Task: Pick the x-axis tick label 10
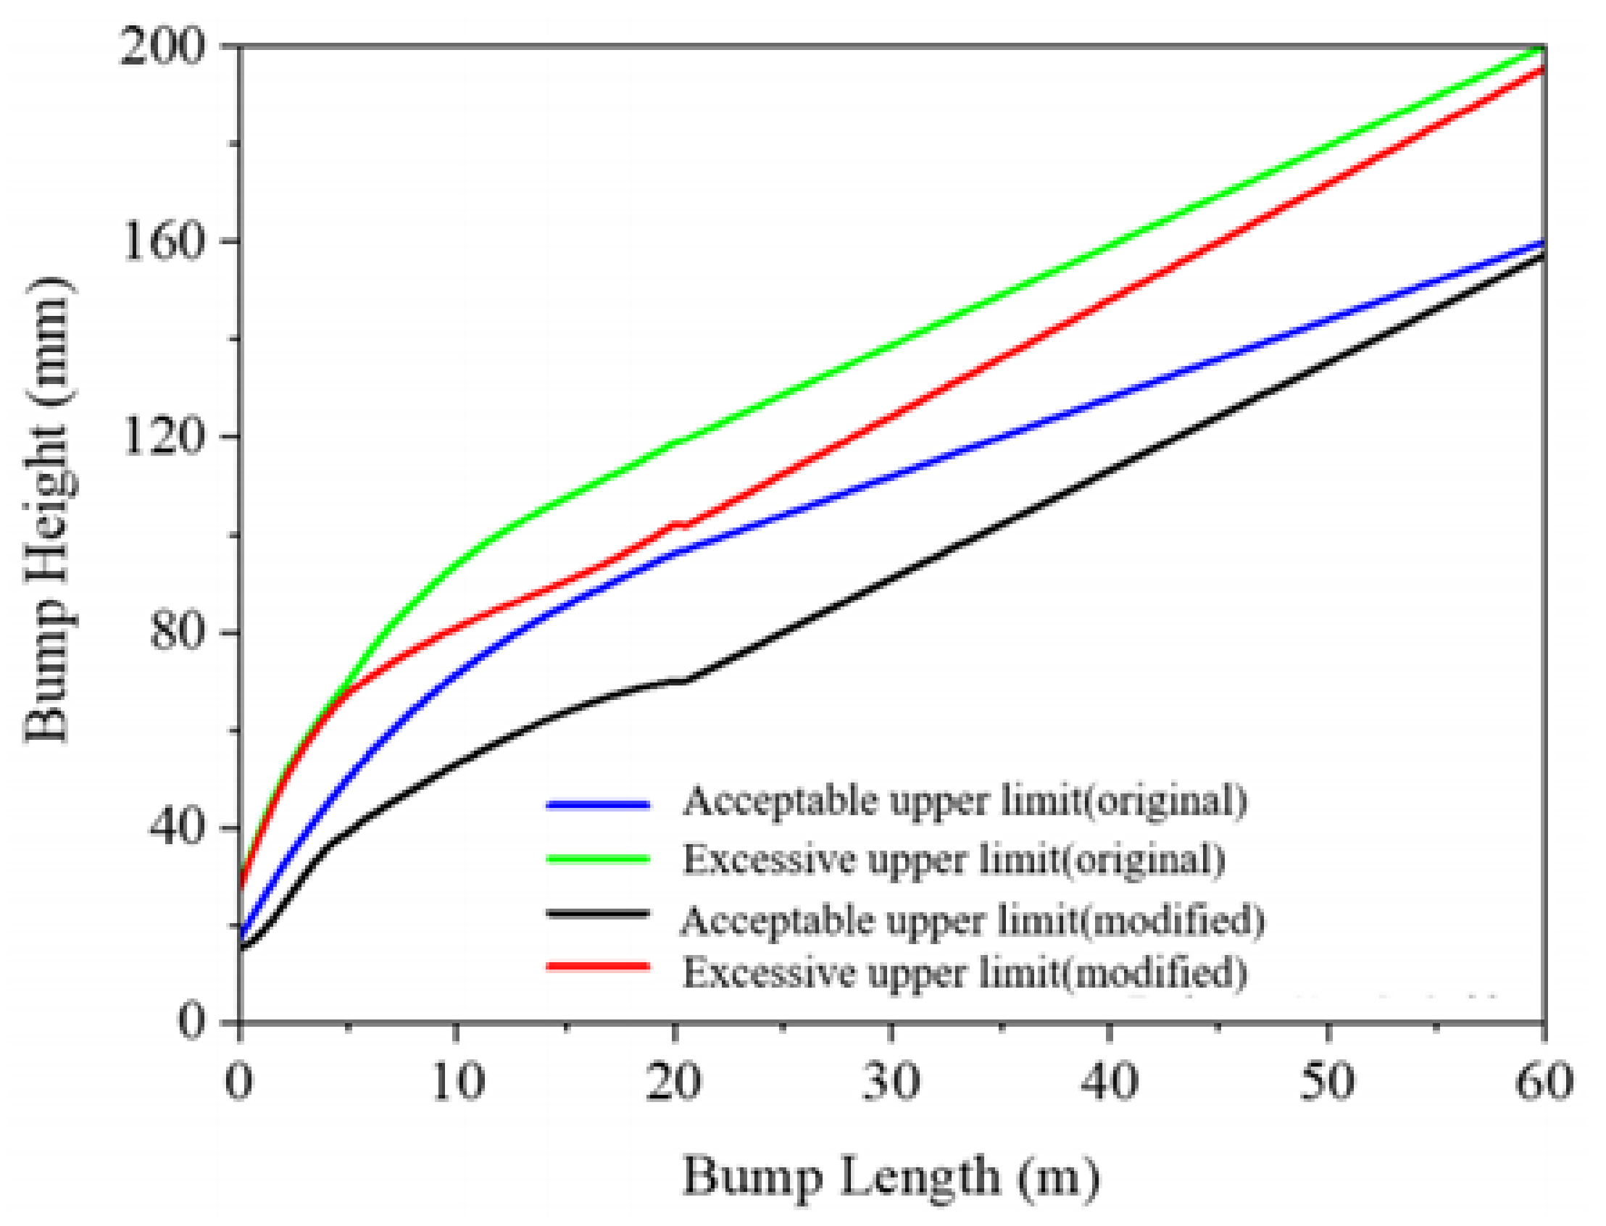pyautogui.click(x=457, y=1082)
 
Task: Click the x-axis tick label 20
pyautogui.click(x=674, y=1082)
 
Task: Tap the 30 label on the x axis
pyautogui.click(x=891, y=1082)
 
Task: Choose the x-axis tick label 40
pyautogui.click(x=1109, y=1082)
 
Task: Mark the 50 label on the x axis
pyautogui.click(x=1326, y=1082)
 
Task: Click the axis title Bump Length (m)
pyautogui.click(x=891, y=1177)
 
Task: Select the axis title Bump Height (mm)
pyautogui.click(x=49, y=511)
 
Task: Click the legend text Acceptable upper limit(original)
pyautogui.click(x=965, y=801)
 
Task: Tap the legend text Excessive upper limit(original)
pyautogui.click(x=953, y=859)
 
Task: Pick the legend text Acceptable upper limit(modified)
pyautogui.click(x=973, y=920)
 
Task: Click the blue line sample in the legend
pyautogui.click(x=597, y=805)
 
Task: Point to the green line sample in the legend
pyautogui.click(x=597, y=859)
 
